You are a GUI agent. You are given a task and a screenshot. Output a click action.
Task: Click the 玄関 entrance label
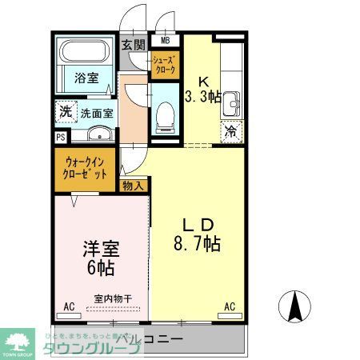pyautogui.click(x=133, y=45)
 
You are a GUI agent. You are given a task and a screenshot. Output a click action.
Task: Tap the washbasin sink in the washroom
pyautogui.click(x=98, y=134)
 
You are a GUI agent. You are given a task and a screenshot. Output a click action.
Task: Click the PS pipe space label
pyautogui.click(x=59, y=138)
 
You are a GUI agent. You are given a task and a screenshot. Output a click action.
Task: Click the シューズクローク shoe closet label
pyautogui.click(x=165, y=64)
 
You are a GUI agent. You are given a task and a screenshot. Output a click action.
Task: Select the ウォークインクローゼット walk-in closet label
pyautogui.click(x=86, y=167)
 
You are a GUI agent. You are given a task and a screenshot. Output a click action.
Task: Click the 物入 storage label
pyautogui.click(x=134, y=186)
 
